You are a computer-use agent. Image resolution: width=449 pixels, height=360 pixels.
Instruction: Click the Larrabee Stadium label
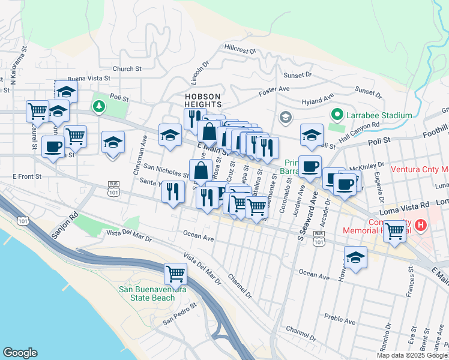pos(378,115)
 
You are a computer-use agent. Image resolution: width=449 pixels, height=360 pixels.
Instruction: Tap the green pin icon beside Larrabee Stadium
pos(337,115)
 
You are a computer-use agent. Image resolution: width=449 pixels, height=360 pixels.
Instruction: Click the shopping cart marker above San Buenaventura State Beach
pos(175,274)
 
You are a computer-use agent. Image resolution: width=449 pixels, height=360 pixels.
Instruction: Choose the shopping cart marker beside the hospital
pos(395,230)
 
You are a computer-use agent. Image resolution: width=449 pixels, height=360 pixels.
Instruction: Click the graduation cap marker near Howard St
pos(356,257)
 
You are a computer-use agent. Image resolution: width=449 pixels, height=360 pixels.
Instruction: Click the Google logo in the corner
pos(20,353)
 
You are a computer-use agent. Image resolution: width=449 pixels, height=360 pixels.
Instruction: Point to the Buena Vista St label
pos(89,78)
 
